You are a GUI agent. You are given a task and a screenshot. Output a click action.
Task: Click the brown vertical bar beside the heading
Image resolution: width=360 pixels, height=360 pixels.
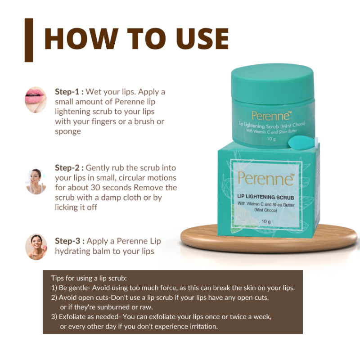point(29,40)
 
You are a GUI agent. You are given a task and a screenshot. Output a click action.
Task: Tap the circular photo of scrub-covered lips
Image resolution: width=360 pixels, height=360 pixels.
point(36,99)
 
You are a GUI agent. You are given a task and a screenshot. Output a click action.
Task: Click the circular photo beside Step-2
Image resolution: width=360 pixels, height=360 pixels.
point(36,181)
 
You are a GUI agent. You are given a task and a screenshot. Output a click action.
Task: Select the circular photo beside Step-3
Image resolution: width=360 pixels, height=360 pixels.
point(36,247)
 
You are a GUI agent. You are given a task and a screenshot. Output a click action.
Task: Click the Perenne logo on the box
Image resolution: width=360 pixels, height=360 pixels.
point(265,178)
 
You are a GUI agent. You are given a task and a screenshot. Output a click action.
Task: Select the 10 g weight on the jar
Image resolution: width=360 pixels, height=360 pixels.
point(270,139)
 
